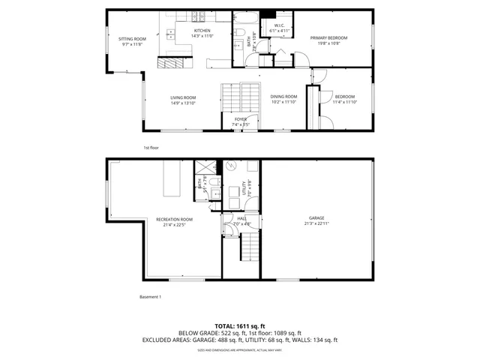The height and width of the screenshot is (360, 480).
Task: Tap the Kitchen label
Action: click(202, 31)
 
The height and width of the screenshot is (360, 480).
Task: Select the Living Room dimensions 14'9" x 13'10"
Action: click(183, 103)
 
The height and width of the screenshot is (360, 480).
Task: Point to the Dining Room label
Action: click(283, 96)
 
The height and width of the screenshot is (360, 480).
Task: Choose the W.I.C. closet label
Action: click(278, 26)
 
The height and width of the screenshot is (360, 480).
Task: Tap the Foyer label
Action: click(240, 118)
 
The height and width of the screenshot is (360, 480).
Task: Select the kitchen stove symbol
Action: click(199, 16)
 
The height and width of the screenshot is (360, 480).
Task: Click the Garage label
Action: click(316, 218)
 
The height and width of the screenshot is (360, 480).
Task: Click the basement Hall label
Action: click(240, 219)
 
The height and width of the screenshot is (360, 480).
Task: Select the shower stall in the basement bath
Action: click(203, 168)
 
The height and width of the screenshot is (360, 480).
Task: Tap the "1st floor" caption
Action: click(151, 148)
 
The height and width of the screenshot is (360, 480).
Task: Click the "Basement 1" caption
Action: click(151, 297)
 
